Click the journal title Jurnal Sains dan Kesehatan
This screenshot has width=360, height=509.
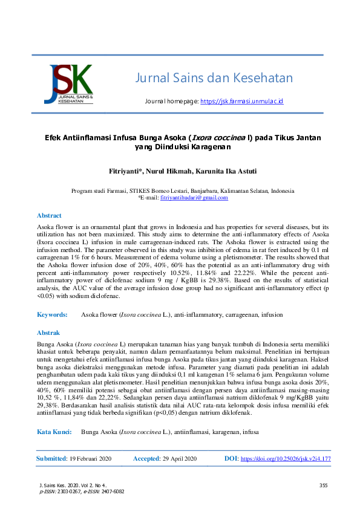pos(214,78)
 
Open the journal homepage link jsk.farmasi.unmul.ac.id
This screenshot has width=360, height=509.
pos(241,101)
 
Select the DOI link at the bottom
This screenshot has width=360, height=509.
pos(286,459)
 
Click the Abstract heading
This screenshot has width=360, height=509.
pos(49,215)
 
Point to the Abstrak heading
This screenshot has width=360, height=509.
pos(48,332)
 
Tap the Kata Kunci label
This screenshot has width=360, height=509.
pos(55,432)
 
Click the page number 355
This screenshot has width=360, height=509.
pos(322,485)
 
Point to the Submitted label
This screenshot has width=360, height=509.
pos(51,459)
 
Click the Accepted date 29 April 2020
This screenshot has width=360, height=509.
pos(180,459)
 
